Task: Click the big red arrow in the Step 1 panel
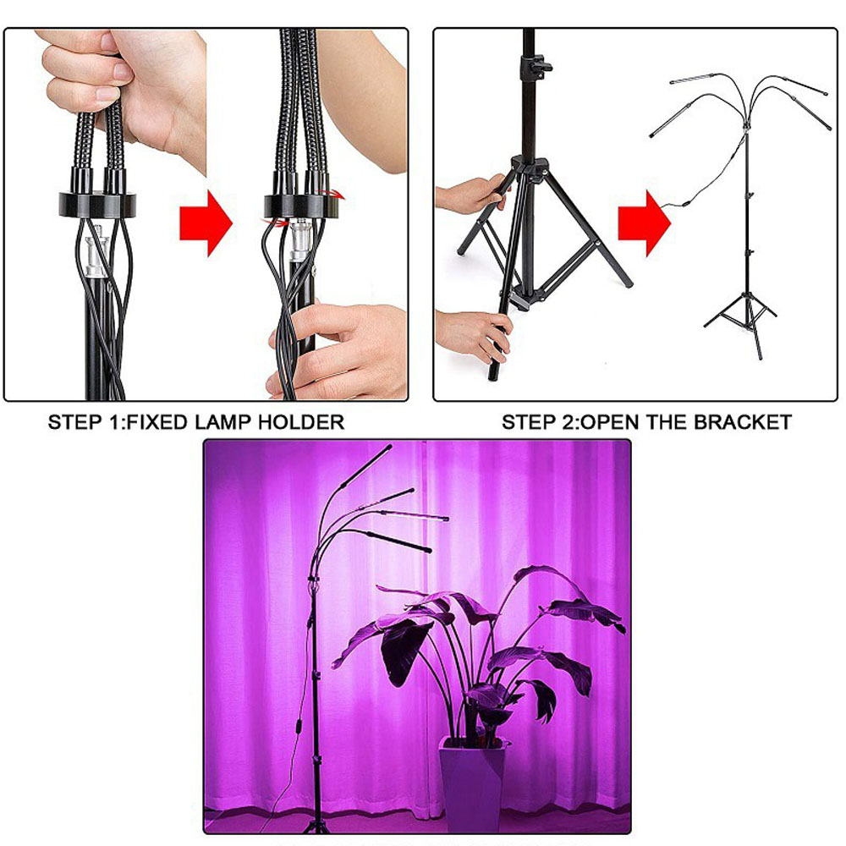pos(206,222)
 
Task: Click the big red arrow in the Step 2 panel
pos(644,222)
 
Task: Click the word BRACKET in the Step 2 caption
pos(743,422)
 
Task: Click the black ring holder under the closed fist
pos(97,204)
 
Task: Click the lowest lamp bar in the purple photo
pos(398,541)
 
